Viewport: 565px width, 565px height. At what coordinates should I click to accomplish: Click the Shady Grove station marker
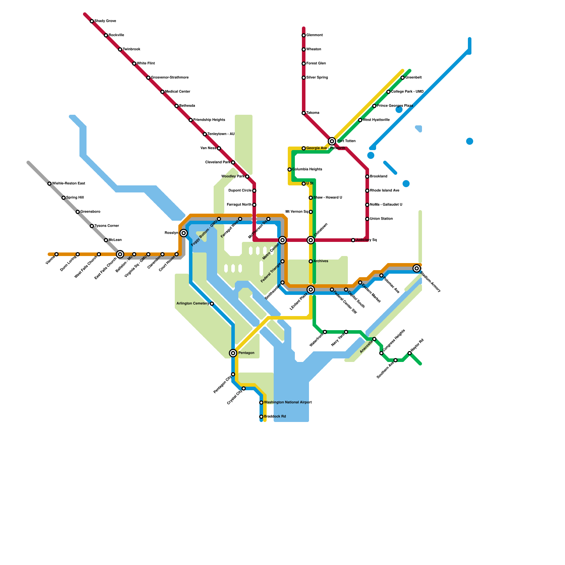click(x=92, y=21)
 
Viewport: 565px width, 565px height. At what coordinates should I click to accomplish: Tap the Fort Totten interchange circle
click(x=332, y=141)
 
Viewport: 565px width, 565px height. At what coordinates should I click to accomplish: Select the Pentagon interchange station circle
click(x=233, y=353)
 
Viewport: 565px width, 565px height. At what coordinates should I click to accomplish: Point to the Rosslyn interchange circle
click(x=184, y=233)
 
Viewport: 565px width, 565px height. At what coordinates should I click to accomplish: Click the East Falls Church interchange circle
click(x=120, y=254)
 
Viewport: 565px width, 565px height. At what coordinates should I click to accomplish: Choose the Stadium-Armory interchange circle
click(x=417, y=268)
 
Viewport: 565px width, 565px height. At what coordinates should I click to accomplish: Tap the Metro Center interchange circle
click(x=282, y=240)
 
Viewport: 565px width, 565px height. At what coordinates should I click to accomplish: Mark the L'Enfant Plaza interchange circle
click(x=311, y=290)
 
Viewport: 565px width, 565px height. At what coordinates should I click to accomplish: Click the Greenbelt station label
click(x=413, y=78)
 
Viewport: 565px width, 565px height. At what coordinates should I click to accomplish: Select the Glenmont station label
click(x=314, y=35)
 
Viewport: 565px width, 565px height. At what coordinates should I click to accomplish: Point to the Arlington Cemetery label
click(x=192, y=304)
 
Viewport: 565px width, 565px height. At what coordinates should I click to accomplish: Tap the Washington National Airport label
click(x=288, y=403)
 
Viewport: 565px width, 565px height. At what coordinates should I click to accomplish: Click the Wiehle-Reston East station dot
click(x=49, y=184)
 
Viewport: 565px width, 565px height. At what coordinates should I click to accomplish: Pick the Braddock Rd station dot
click(x=261, y=417)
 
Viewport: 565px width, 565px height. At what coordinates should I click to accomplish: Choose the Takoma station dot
click(x=304, y=113)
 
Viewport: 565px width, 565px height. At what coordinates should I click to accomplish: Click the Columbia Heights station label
click(x=307, y=169)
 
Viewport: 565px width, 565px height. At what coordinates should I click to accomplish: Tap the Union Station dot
click(x=367, y=219)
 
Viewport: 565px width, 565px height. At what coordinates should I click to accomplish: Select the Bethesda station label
click(x=187, y=106)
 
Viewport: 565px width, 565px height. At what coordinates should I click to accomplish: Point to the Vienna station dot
click(x=56, y=254)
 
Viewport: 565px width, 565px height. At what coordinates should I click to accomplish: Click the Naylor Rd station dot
click(x=410, y=353)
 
